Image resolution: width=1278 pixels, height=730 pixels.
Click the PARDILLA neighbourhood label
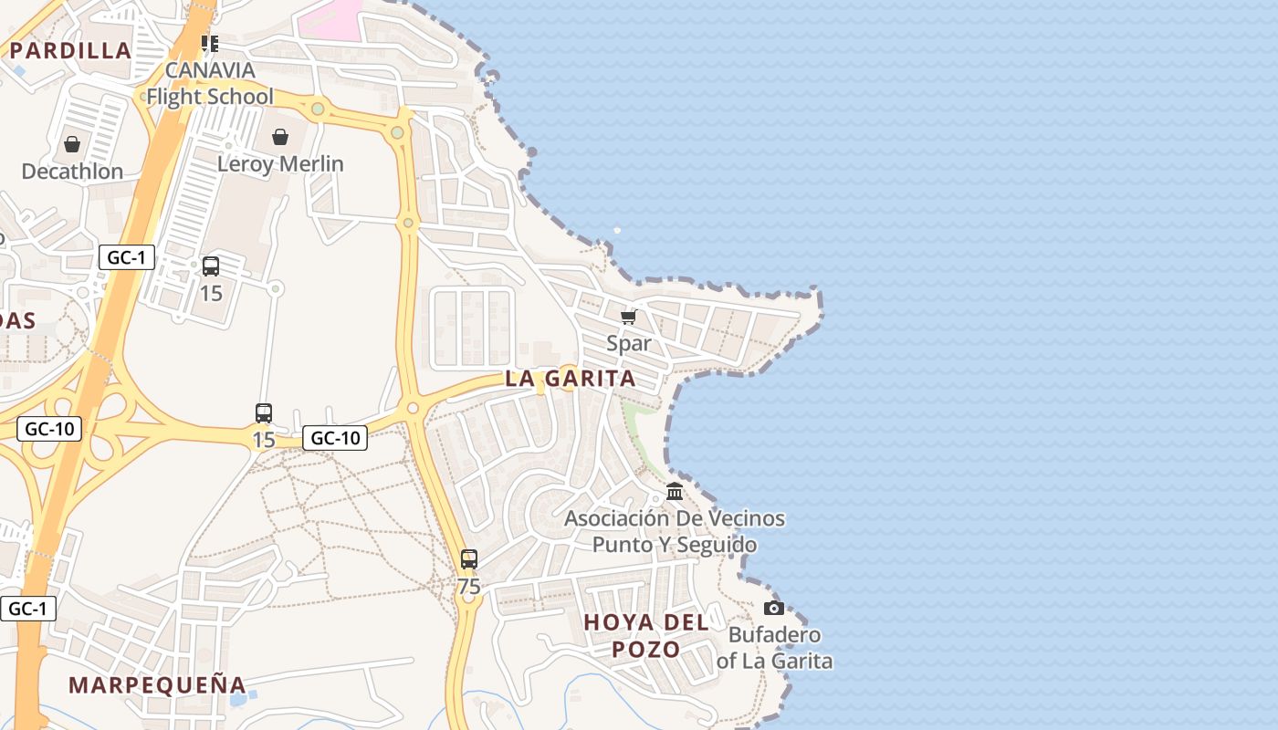(71, 50)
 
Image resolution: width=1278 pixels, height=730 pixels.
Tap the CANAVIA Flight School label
(210, 83)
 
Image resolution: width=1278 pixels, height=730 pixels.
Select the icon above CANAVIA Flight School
(210, 43)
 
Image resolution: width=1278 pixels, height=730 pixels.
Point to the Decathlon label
(72, 172)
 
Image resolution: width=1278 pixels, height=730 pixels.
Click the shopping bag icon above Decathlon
(72, 144)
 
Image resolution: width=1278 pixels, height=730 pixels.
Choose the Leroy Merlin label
(280, 164)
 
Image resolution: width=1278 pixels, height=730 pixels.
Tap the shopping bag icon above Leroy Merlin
(280, 137)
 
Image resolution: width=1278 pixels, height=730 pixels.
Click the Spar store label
(629, 343)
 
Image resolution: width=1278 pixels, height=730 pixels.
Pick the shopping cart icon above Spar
(628, 317)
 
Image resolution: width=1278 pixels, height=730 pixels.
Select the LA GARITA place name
(571, 379)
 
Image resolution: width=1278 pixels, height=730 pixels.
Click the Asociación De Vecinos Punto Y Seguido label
(675, 531)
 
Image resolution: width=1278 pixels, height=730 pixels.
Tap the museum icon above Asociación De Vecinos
(675, 492)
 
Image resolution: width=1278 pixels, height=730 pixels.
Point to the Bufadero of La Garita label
(774, 648)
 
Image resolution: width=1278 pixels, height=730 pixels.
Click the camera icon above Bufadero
(774, 608)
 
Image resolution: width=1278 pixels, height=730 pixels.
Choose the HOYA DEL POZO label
(646, 636)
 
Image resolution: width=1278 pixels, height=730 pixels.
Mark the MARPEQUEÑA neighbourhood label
(157, 685)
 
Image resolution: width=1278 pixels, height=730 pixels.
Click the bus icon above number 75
(469, 559)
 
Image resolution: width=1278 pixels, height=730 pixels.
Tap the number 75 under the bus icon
(469, 587)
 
